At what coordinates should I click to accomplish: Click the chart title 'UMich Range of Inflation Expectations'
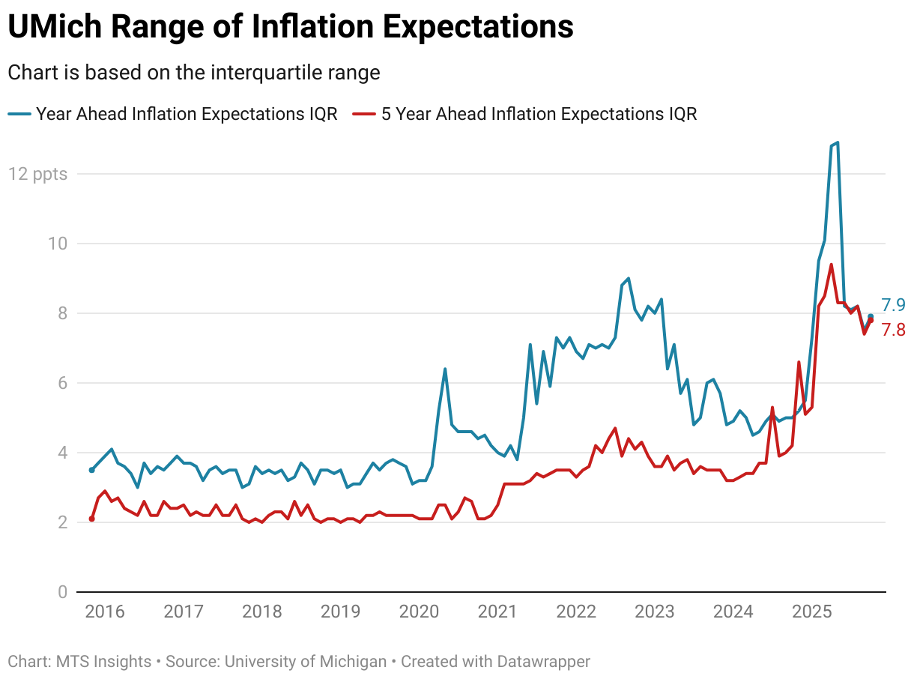tap(291, 28)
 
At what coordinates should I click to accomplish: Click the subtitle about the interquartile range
tap(194, 73)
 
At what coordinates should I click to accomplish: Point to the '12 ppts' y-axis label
tap(38, 174)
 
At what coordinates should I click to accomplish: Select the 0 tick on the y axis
tap(62, 592)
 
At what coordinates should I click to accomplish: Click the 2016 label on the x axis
tap(105, 612)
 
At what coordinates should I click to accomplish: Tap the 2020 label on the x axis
tap(420, 612)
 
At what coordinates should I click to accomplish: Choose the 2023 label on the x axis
tap(655, 612)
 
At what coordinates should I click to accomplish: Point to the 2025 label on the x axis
tap(812, 612)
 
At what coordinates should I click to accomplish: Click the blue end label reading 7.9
tap(893, 305)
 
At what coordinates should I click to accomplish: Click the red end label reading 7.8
tap(893, 330)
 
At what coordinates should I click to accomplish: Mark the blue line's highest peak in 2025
tap(837, 142)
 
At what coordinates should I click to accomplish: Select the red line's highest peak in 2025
tap(831, 265)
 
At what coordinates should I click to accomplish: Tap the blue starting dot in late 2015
tap(91, 470)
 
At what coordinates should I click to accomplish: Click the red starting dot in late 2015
tap(91, 519)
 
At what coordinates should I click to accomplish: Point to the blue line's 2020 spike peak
tap(445, 369)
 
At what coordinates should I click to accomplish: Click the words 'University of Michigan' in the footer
tap(306, 662)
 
